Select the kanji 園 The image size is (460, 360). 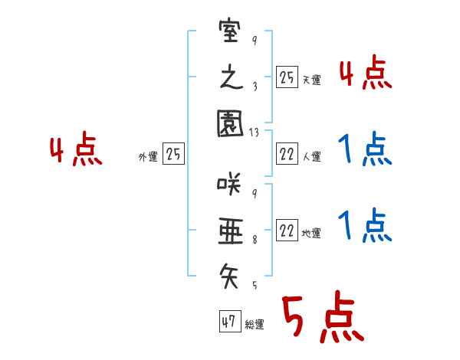[x=229, y=123]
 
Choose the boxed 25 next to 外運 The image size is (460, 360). [x=174, y=155]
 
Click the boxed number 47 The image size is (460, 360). [x=228, y=322]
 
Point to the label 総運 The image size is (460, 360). [x=255, y=325]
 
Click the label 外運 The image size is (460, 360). [x=148, y=157]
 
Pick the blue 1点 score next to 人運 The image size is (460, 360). [x=365, y=149]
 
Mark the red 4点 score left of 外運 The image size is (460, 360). [x=76, y=151]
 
